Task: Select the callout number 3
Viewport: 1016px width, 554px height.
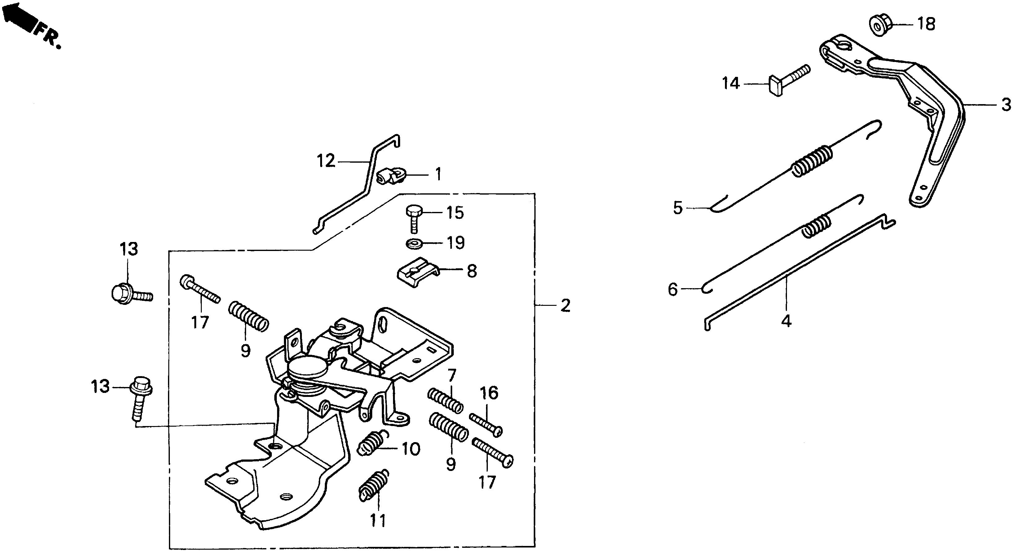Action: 1006,105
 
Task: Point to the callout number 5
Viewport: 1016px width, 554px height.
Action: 678,208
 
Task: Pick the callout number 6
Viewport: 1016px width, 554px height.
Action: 673,289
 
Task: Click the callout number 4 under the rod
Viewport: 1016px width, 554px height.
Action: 786,321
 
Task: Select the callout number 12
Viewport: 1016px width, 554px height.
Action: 326,161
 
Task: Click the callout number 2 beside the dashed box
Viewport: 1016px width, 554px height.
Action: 565,306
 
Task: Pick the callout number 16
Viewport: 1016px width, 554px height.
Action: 489,393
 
